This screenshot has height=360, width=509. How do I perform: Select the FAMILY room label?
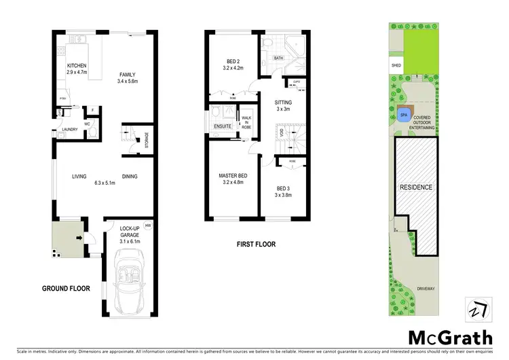pos(128,75)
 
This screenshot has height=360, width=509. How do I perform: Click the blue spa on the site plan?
pos(404,115)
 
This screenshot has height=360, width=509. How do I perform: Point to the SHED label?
pos(396,66)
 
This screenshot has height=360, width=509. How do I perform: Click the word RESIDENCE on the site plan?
pos(416,187)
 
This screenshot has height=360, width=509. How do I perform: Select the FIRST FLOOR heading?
pos(255,243)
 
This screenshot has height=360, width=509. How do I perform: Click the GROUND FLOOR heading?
pos(66,289)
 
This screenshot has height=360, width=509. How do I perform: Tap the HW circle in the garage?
pos(147,225)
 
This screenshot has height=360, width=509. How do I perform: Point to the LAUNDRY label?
pos(70,129)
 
